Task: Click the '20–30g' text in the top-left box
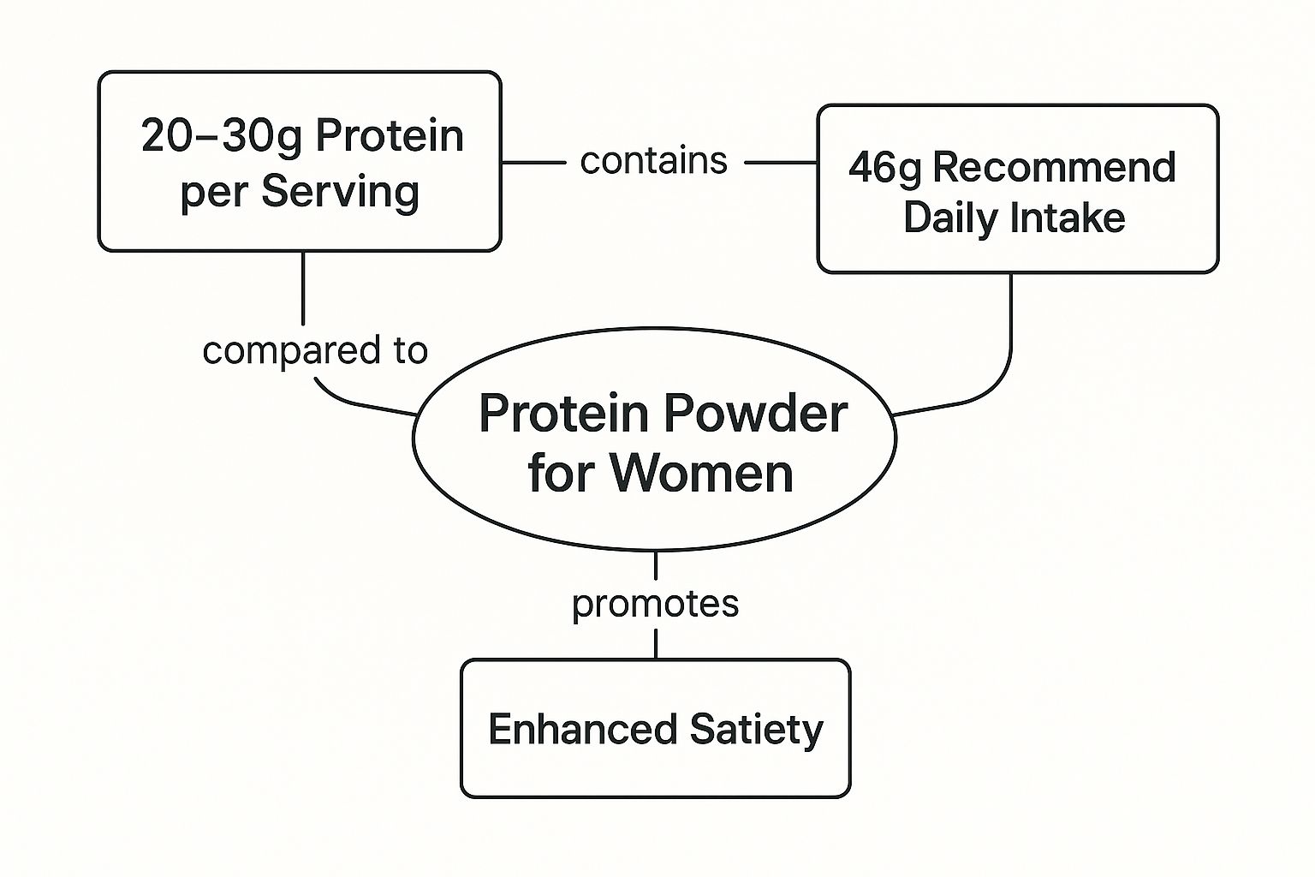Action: coord(221,135)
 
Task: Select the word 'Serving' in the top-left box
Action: coord(340,192)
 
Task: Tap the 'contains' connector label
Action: coord(653,160)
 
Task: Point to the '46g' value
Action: coord(885,168)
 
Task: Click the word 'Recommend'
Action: coord(1054,166)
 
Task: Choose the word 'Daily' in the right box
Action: coord(951,218)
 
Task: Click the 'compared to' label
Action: coord(315,350)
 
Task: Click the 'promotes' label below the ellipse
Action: coord(655,604)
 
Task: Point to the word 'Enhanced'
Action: coord(582,730)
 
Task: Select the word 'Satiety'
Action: coord(756,730)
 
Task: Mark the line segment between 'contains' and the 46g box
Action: coord(781,162)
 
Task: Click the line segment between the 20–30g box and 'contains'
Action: coord(533,162)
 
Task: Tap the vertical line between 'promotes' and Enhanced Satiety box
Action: coord(656,644)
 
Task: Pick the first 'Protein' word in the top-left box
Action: coord(390,135)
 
